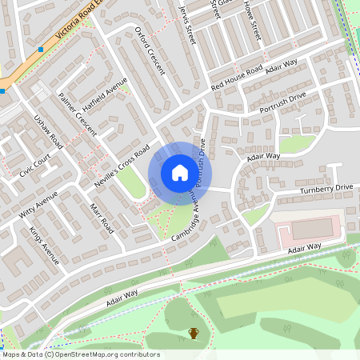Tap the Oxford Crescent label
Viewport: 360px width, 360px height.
(149, 50)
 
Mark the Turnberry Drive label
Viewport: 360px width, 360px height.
(326, 188)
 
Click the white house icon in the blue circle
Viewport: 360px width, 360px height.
(179, 172)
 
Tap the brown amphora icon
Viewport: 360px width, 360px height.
(193, 333)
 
